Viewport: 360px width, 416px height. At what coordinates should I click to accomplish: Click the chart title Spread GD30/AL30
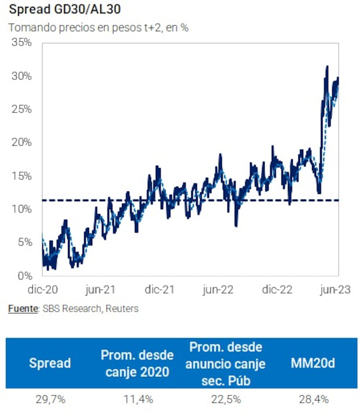[65, 9]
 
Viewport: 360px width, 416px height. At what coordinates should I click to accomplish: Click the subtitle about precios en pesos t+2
[98, 28]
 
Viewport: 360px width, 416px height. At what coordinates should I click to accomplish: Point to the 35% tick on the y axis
[22, 42]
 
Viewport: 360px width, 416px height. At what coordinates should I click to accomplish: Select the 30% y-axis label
[22, 76]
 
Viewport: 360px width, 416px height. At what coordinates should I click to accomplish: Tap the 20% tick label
[22, 143]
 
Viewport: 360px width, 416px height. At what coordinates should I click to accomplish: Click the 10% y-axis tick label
[22, 209]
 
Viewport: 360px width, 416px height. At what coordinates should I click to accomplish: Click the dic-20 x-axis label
[42, 290]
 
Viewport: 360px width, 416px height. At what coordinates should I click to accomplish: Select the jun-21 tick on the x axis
[101, 290]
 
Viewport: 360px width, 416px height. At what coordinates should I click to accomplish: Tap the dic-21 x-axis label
[159, 290]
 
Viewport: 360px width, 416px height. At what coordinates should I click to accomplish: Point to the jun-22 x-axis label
[218, 290]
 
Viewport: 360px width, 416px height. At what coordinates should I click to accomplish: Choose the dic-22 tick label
[276, 290]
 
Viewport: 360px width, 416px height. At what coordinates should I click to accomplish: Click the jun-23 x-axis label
[335, 290]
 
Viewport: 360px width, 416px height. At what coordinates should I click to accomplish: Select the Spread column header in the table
[50, 363]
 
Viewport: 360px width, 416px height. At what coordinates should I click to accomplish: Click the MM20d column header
[312, 363]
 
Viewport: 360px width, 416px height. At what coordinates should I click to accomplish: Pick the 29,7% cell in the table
[50, 399]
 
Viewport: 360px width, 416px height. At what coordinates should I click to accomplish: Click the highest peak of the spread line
[327, 67]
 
